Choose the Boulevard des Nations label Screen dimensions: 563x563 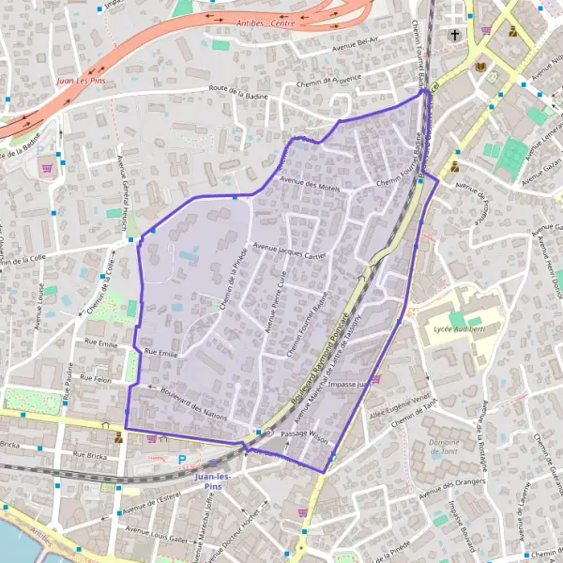195,403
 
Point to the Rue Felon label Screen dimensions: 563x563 97,379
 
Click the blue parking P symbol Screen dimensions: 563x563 183,460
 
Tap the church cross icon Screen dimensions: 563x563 454,36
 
